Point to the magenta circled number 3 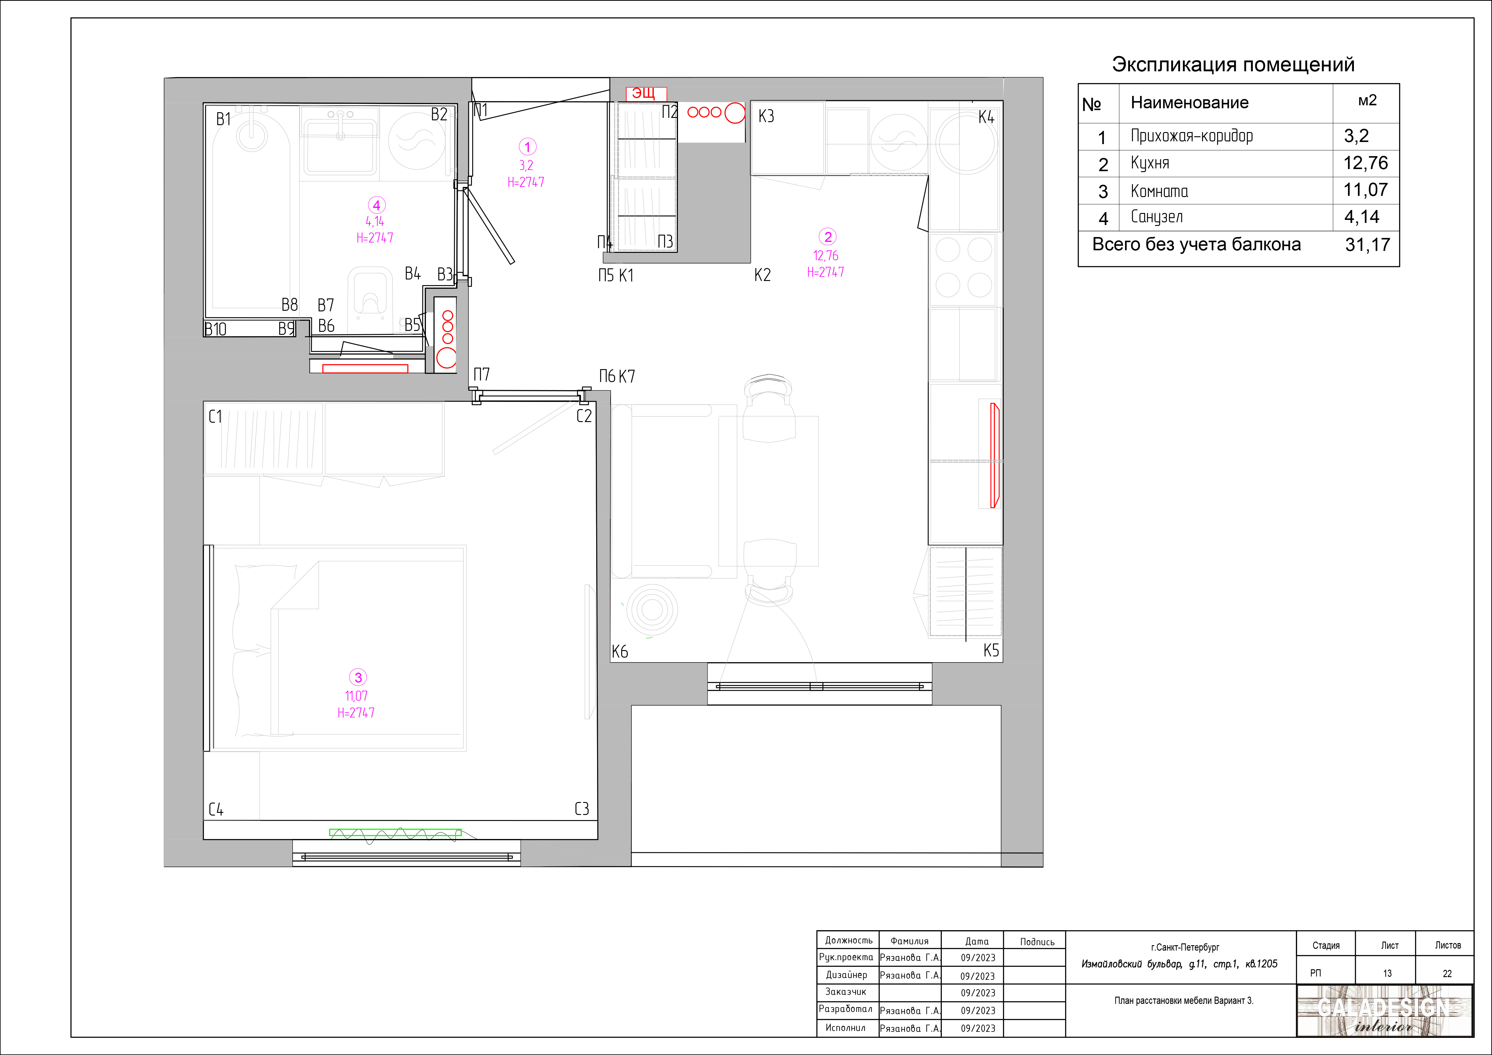coord(358,677)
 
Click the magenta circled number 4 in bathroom coord(376,205)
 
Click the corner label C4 coord(216,809)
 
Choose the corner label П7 coord(482,375)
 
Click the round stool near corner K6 coord(652,610)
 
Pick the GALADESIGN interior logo coord(1384,1011)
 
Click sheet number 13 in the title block coord(1387,973)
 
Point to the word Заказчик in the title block coord(846,992)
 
